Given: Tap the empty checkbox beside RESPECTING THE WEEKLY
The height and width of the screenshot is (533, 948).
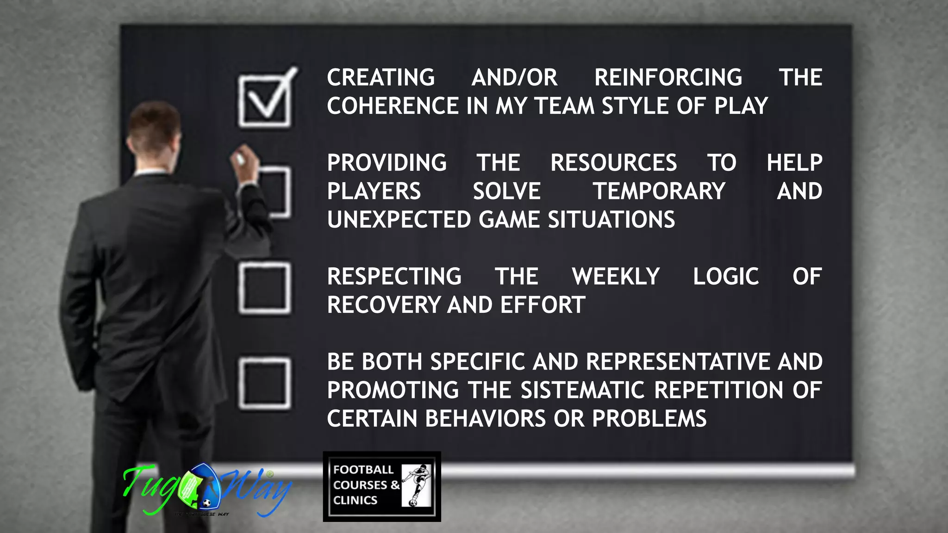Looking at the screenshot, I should (265, 288).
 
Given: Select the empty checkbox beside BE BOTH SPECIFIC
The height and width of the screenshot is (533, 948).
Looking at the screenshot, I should (265, 383).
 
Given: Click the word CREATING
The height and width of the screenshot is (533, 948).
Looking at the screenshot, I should (381, 77).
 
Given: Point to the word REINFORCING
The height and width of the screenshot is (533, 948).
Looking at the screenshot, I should (668, 77).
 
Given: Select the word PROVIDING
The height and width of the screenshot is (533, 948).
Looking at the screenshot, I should (387, 163).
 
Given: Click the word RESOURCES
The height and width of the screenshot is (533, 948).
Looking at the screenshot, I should (613, 163).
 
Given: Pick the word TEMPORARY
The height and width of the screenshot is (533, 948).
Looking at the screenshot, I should (659, 191).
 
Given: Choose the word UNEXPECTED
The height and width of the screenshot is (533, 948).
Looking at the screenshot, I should (399, 220).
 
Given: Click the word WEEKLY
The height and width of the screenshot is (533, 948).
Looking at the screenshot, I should (616, 277).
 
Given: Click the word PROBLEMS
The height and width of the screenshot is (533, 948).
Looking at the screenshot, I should (649, 419).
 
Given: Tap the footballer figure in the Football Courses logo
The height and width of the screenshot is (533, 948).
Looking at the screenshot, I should (417, 485).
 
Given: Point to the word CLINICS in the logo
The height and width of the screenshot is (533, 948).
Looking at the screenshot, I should (355, 500).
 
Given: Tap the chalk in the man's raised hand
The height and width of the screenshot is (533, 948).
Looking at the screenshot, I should (240, 158).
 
